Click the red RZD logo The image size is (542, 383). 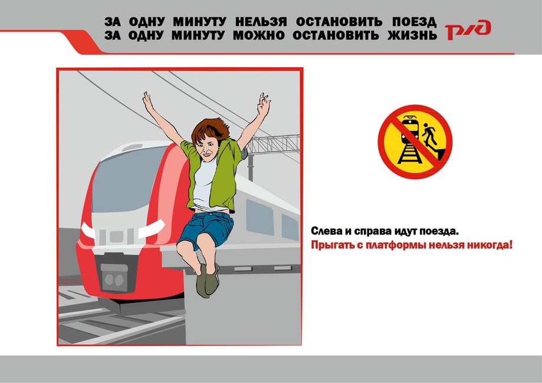(468, 29)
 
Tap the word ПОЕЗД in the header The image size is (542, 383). (414, 22)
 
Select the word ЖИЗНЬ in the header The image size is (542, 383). (412, 35)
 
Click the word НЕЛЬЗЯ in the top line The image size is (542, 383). (261, 22)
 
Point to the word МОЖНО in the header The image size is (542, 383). (258, 35)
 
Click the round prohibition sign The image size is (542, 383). (415, 142)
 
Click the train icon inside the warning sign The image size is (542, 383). (410, 130)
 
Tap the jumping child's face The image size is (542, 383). (208, 147)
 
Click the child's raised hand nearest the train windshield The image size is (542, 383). (148, 101)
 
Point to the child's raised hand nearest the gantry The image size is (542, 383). (263, 104)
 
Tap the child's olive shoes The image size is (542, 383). (208, 280)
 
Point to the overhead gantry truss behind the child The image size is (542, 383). (272, 144)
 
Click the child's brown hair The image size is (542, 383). (209, 129)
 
